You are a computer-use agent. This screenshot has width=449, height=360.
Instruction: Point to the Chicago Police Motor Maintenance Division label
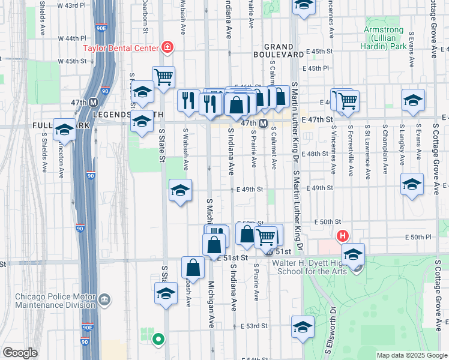click(55, 301)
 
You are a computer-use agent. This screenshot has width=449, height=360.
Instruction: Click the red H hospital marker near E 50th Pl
click(343, 236)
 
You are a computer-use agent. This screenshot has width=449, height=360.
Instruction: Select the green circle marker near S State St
click(158, 339)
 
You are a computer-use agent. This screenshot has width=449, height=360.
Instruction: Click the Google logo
click(20, 353)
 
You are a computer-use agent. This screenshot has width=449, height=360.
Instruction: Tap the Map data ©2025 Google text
click(411, 355)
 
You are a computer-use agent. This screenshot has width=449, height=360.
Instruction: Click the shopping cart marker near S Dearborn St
click(163, 76)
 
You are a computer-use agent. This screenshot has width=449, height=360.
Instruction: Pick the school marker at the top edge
click(304, 6)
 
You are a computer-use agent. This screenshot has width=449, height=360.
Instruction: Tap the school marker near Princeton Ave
click(64, 129)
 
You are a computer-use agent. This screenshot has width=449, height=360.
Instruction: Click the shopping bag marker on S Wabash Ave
click(192, 267)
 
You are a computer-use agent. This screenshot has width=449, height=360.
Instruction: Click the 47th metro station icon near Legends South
click(94, 103)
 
